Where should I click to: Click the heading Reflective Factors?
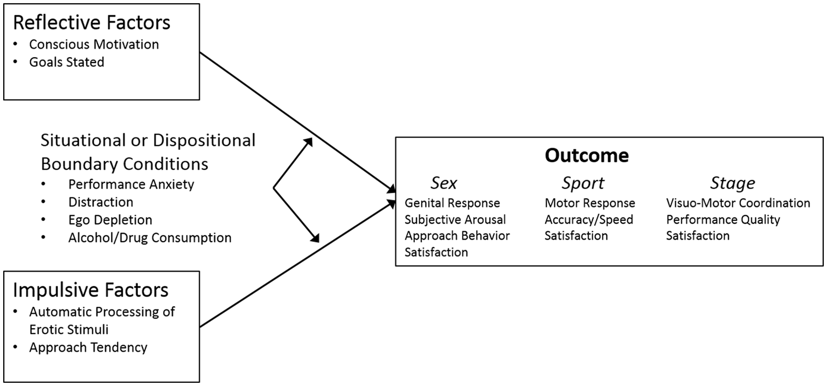(91, 22)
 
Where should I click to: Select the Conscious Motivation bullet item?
(94, 44)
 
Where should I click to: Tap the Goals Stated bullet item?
(66, 61)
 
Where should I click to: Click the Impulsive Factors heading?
(90, 289)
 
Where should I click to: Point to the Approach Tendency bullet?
(88, 347)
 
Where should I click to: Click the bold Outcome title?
(586, 155)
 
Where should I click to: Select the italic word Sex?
(443, 183)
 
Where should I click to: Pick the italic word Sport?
(582, 183)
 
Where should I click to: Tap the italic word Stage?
(732, 183)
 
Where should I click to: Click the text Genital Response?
(452, 203)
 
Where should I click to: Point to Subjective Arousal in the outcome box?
(455, 219)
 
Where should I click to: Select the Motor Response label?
(589, 203)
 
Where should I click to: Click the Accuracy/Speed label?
(588, 219)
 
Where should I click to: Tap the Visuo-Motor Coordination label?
(738, 203)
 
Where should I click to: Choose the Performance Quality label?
(722, 219)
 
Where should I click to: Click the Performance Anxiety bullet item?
(131, 184)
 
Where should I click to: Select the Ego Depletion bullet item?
(110, 219)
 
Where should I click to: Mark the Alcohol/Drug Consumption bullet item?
(150, 237)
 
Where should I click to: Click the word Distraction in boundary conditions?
(101, 202)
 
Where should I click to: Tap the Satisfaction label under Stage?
(698, 236)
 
